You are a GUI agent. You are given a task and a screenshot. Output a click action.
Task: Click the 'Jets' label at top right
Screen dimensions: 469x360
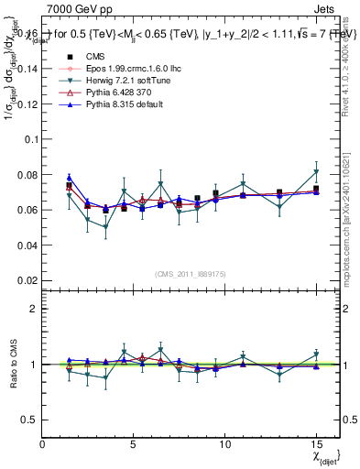click(x=325, y=7)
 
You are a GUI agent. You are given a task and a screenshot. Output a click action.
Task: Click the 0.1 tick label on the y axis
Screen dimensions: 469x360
click(x=30, y=139)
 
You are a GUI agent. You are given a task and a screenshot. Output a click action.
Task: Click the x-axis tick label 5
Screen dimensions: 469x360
click(x=134, y=444)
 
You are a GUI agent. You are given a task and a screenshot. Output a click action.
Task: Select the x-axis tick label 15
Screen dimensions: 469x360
click(x=316, y=444)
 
